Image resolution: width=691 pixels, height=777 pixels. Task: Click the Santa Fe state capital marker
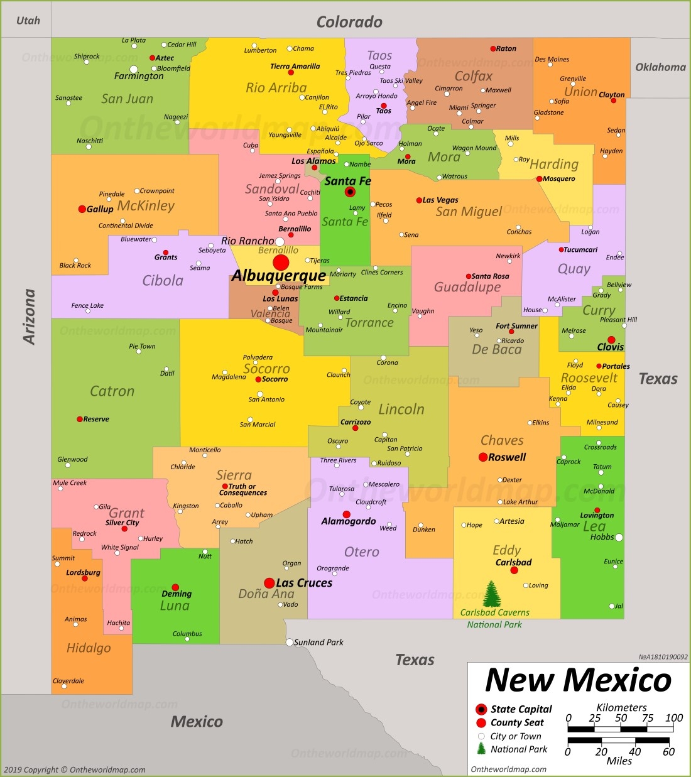[x=350, y=192]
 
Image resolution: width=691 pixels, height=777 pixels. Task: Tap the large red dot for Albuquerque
[x=281, y=263]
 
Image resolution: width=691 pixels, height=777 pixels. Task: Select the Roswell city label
[x=507, y=457]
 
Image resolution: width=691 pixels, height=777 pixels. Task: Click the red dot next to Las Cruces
[x=269, y=583]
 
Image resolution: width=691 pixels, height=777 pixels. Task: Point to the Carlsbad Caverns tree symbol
[x=492, y=594]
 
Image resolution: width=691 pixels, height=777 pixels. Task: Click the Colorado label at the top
[x=349, y=22]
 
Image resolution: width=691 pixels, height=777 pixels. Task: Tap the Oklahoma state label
[x=660, y=67]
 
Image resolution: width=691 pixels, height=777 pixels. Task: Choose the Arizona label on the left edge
[x=29, y=316]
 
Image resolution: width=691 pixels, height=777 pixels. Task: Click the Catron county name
[x=112, y=391]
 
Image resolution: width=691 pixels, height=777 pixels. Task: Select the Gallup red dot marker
[x=82, y=209]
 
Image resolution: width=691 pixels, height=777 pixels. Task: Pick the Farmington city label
[x=139, y=76]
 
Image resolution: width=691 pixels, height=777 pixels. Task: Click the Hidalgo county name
[x=89, y=648]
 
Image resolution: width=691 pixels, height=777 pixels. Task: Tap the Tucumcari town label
[x=580, y=249]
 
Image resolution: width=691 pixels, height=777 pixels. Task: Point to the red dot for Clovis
[x=611, y=340]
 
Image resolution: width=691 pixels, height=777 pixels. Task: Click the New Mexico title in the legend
[x=579, y=680]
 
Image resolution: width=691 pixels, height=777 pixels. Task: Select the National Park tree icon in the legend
[x=481, y=749]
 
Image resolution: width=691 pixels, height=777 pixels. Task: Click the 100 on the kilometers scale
[x=674, y=718]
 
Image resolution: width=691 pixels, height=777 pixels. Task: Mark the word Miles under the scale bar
[x=619, y=761]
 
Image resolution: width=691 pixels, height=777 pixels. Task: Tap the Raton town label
[x=506, y=48]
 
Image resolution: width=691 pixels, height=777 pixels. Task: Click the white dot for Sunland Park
[x=290, y=642]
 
